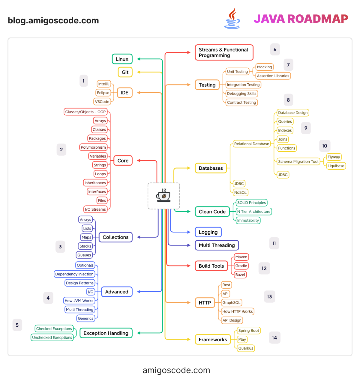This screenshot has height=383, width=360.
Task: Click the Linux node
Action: pyautogui.click(x=122, y=59)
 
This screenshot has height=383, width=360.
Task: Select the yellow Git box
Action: pyautogui.click(x=125, y=72)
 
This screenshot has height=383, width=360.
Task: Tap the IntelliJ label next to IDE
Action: pyautogui.click(x=104, y=84)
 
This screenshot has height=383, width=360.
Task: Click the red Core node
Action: pyautogui.click(x=123, y=161)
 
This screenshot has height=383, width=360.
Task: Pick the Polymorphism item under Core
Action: pyautogui.click(x=93, y=147)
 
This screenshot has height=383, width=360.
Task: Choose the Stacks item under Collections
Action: pyautogui.click(x=85, y=246)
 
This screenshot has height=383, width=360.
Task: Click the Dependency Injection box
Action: pyautogui.click(x=74, y=274)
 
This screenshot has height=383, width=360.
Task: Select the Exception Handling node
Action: pyautogui.click(x=106, y=333)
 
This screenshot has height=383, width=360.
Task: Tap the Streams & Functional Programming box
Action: pyautogui.click(x=224, y=52)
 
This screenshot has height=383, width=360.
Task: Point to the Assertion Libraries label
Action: pyautogui.click(x=273, y=76)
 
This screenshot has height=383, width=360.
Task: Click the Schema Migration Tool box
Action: pyautogui.click(x=298, y=162)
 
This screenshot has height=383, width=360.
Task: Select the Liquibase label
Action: pyautogui.click(x=336, y=166)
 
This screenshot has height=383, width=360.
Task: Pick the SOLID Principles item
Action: pyautogui.click(x=251, y=203)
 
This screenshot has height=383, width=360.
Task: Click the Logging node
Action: pyautogui.click(x=208, y=232)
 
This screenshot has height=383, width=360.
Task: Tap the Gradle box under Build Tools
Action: pyautogui.click(x=241, y=266)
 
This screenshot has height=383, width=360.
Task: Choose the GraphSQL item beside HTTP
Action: pyautogui.click(x=231, y=303)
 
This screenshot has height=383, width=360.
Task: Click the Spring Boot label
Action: pyautogui.click(x=248, y=331)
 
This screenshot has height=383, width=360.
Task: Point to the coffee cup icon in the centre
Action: pyautogui.click(x=163, y=196)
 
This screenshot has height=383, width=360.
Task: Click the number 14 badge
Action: pyautogui.click(x=274, y=338)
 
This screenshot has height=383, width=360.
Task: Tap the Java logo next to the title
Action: pyautogui.click(x=232, y=19)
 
